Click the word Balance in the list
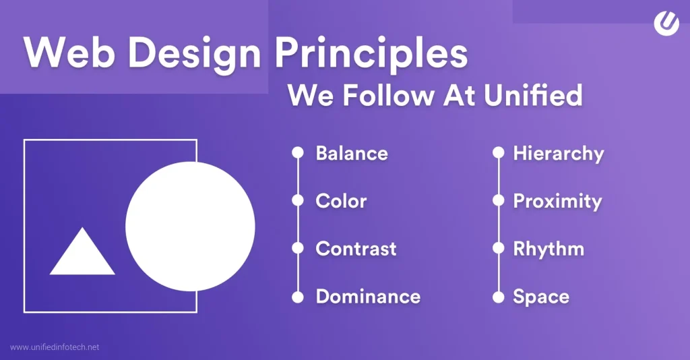click(x=352, y=154)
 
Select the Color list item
click(x=341, y=201)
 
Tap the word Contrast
click(x=356, y=249)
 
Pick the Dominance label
click(x=368, y=297)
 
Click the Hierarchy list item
click(x=558, y=154)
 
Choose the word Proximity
click(x=557, y=201)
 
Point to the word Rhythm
click(x=548, y=249)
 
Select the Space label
click(x=541, y=297)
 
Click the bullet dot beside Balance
click(x=297, y=153)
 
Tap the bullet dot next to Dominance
click(x=297, y=297)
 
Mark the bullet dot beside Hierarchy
click(x=498, y=153)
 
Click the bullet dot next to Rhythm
click(x=498, y=249)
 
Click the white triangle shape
click(x=82, y=255)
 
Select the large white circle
click(x=190, y=227)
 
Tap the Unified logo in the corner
click(x=666, y=23)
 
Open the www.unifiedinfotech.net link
click(x=55, y=347)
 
